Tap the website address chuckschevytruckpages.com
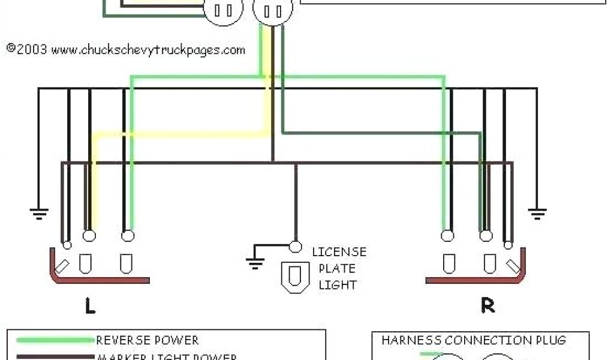pos(148,50)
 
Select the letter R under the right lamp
pos(488,306)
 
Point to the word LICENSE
pos(339,252)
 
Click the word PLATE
pos(337,268)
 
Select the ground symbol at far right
pos(537,211)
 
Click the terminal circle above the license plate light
pos(295,246)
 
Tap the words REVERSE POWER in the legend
pos(147,340)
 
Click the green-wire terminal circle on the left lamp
pos(128,236)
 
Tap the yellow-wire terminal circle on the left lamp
pos(89,236)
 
